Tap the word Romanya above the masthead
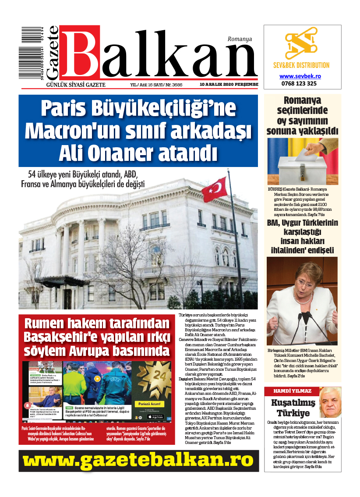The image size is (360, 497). coord(240,39)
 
